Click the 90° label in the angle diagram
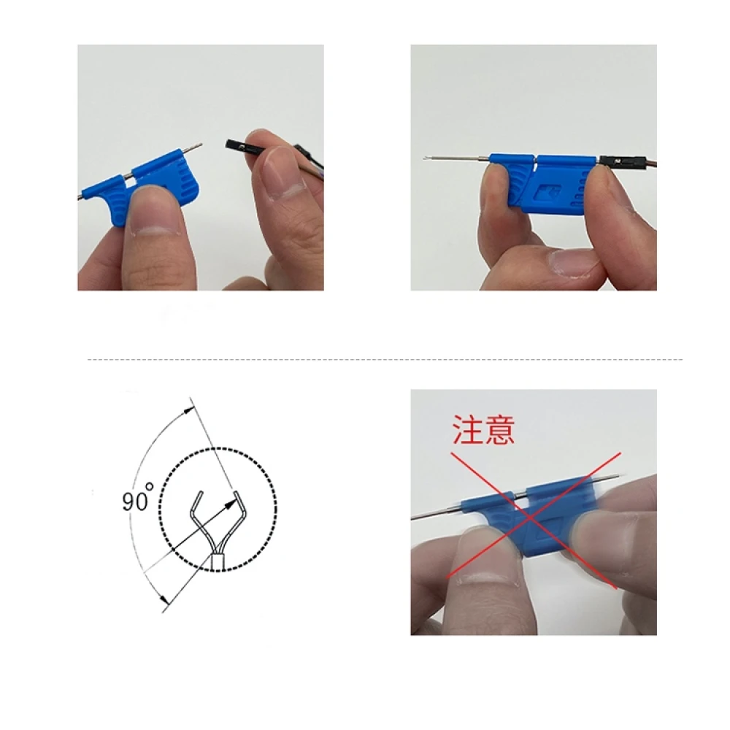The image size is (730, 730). pos(138,502)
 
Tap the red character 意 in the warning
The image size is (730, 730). pos(499,430)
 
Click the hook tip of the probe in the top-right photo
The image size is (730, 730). pos(425,159)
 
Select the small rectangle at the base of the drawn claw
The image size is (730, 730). pos(217,561)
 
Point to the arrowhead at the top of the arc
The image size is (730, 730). pos(191,408)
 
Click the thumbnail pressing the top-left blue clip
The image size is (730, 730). pos(153,212)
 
